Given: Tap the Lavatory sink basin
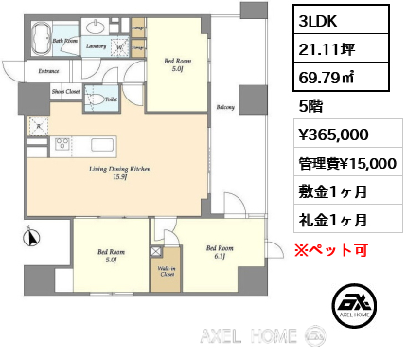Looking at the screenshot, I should (x=96, y=27).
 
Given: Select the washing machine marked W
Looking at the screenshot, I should (x=120, y=45).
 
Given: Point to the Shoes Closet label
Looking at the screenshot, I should (x=65, y=92).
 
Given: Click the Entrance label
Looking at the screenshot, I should (x=48, y=70).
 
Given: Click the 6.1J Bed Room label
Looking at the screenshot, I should (x=220, y=251).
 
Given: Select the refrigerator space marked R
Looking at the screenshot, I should (x=38, y=123).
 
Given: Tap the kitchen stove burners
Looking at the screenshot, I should (x=63, y=145).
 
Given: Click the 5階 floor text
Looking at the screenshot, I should (x=309, y=105).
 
